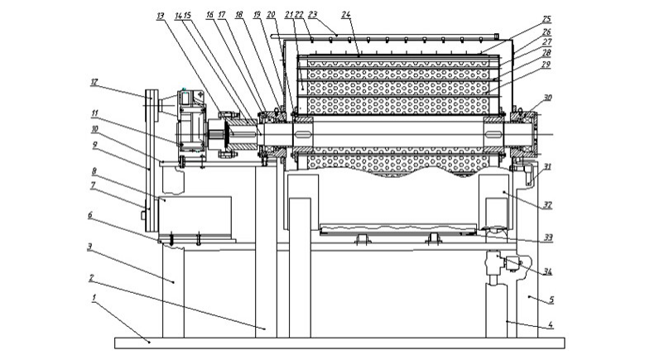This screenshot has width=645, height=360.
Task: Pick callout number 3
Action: tap(89, 246)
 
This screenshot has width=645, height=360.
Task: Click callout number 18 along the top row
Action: tap(238, 15)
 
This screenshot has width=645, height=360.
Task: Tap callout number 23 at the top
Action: tap(312, 14)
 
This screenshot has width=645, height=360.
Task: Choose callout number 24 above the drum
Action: tap(345, 14)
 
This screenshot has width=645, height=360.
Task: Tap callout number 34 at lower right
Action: tap(548, 271)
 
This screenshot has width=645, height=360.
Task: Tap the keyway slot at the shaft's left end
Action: tap(302, 132)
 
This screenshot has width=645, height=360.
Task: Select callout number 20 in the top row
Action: tap(272, 15)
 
